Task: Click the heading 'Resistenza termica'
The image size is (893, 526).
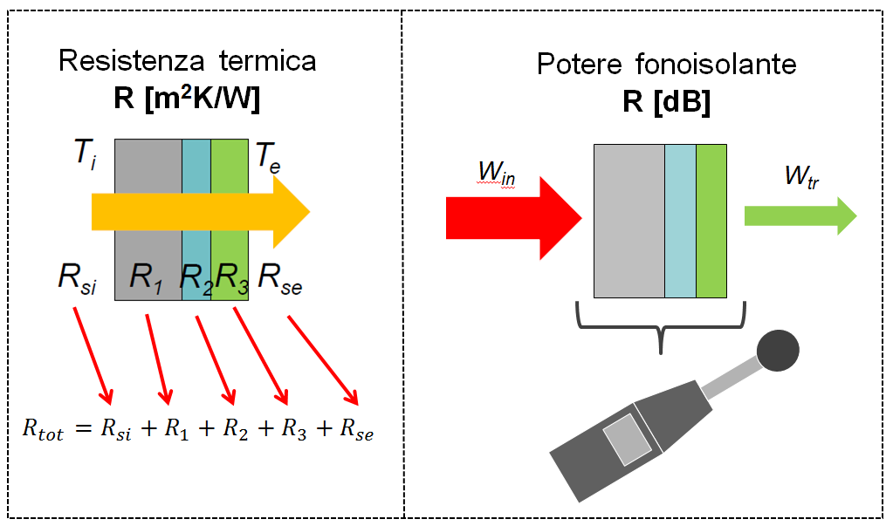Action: [187, 62]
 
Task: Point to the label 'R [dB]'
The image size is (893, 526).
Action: [666, 102]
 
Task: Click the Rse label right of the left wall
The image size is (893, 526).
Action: [278, 279]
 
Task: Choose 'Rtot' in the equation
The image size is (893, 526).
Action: [43, 431]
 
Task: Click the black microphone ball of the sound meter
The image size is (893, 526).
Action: [777, 351]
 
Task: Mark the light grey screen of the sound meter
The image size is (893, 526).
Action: [628, 438]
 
